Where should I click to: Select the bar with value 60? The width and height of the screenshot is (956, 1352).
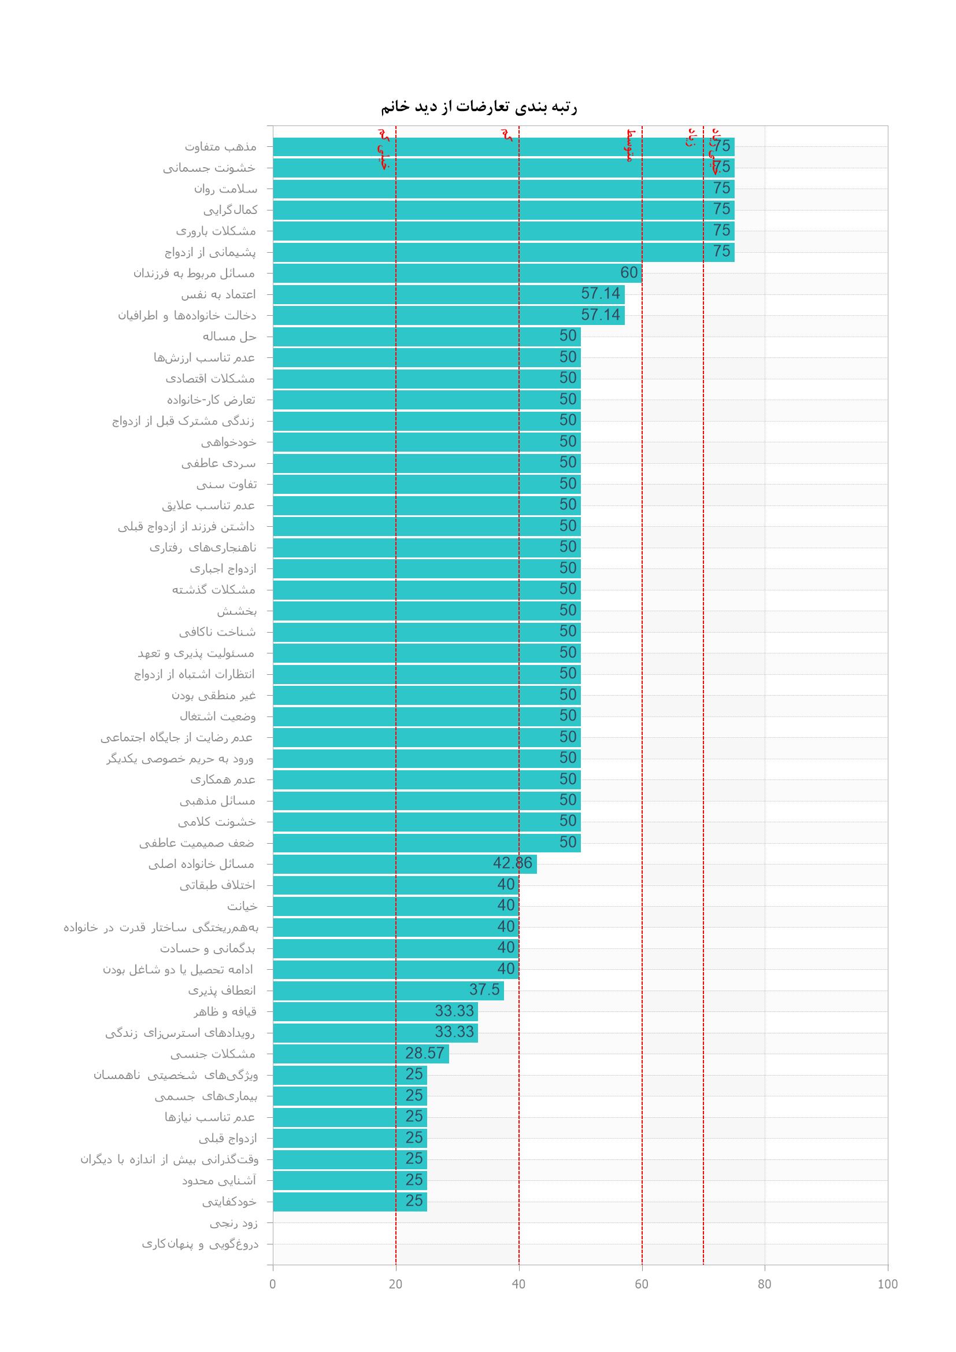pos(457,273)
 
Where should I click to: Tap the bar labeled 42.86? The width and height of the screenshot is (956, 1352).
pos(405,864)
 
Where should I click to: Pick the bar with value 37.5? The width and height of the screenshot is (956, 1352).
pos(388,991)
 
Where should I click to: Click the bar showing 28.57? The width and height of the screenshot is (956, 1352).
pos(360,1054)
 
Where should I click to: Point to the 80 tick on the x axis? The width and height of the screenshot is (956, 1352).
pos(764,1284)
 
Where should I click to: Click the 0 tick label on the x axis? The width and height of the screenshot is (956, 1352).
pos(273,1284)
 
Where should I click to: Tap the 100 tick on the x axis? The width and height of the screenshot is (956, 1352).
pos(887,1284)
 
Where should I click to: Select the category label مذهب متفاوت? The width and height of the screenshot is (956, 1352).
pos(221,147)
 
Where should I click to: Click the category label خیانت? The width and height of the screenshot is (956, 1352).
pos(242,906)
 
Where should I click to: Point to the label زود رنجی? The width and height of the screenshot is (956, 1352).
pos(234,1223)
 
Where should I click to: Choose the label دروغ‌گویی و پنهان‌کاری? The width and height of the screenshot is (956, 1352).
pos(200,1244)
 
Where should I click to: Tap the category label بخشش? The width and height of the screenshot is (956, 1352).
pos(236,611)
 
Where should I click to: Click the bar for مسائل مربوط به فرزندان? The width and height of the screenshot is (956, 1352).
pos(457,273)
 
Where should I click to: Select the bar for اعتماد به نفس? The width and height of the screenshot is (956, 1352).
pos(448,294)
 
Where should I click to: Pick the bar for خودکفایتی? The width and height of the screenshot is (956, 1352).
pos(350,1201)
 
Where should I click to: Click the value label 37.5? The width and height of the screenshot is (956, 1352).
pos(484,990)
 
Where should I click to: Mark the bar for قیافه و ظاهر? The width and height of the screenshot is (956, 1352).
pos(375,1011)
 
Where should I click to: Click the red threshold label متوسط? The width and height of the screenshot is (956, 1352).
pos(630,146)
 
